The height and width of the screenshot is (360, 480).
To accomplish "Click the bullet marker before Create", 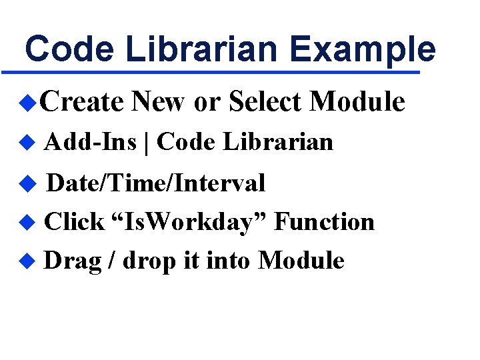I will coord(26,102).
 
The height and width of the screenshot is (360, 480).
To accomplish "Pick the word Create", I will coord(82,102).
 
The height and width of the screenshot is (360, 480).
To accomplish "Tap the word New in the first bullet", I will coord(159,102).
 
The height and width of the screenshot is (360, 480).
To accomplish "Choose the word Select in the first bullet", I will coord(265,102).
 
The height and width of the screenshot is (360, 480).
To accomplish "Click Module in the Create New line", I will coord(357,102).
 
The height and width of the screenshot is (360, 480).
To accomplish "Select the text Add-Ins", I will coord(91,142).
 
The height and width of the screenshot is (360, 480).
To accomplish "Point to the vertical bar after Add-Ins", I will coord(146,143).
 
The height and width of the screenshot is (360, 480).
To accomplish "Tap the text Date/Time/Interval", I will coord(157,183).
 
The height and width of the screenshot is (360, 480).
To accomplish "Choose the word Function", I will coord(324,222).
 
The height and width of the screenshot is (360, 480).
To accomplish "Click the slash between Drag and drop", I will coord(114,261).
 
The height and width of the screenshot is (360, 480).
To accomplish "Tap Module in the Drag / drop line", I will coord(301,261).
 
